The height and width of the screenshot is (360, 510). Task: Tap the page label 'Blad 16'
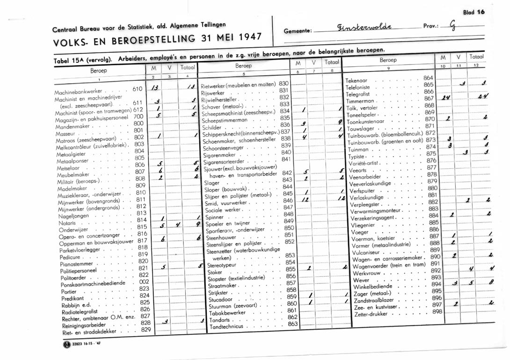point(473,13)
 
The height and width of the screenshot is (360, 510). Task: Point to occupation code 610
point(137,88)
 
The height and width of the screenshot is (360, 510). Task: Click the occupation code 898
point(437,311)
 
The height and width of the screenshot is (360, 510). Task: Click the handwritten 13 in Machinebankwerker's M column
point(156,88)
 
